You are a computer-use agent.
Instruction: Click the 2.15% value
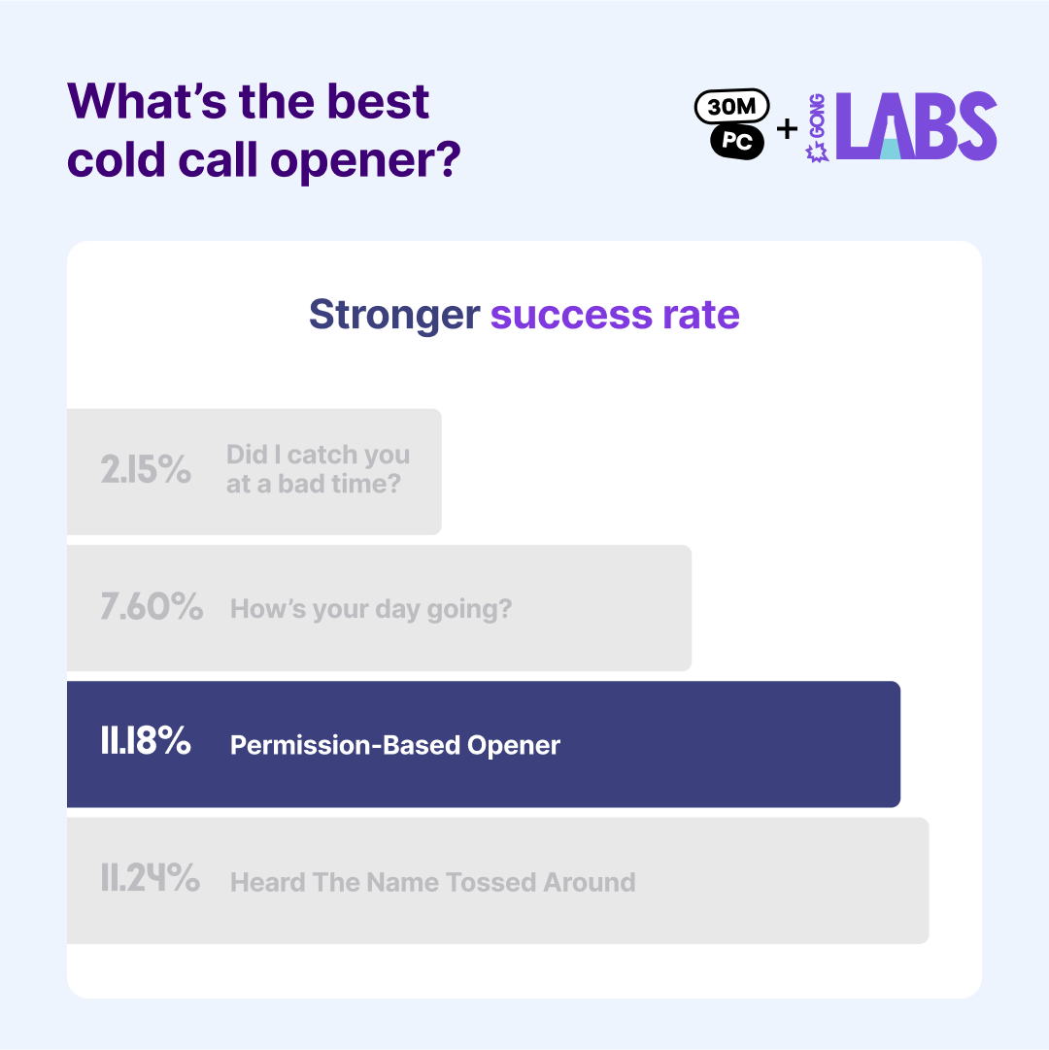click(x=146, y=469)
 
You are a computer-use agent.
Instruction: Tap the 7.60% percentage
click(x=152, y=608)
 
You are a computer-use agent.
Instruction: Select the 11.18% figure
click(x=146, y=743)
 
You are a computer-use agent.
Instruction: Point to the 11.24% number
click(x=151, y=880)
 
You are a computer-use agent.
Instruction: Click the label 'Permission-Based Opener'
click(x=395, y=745)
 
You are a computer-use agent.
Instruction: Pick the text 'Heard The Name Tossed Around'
click(x=433, y=882)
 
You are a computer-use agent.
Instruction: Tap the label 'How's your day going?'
click(x=371, y=609)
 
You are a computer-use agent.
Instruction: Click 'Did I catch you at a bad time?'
click(x=319, y=469)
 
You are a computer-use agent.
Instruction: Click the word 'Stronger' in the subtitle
click(x=393, y=315)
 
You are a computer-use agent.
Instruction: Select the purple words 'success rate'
click(x=615, y=315)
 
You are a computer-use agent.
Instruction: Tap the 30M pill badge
click(x=732, y=106)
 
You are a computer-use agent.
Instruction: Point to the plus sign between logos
click(x=788, y=127)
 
